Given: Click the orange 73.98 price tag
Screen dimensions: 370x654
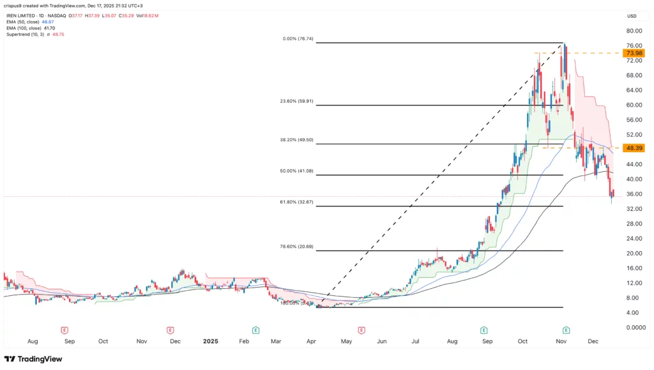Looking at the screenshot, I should tap(634, 53).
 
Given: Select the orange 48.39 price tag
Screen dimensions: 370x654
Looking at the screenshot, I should tap(634, 148).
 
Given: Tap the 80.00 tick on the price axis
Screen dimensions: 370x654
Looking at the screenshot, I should tap(634, 31).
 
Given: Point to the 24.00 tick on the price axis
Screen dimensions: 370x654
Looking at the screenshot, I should tap(634, 238).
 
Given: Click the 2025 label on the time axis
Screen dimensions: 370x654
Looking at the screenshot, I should tap(209, 341).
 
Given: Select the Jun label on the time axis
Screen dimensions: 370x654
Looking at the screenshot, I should tap(382, 341).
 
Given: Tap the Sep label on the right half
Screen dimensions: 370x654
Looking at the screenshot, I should tap(487, 341).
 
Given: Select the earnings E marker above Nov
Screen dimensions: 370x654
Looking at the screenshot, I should tap(566, 330).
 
